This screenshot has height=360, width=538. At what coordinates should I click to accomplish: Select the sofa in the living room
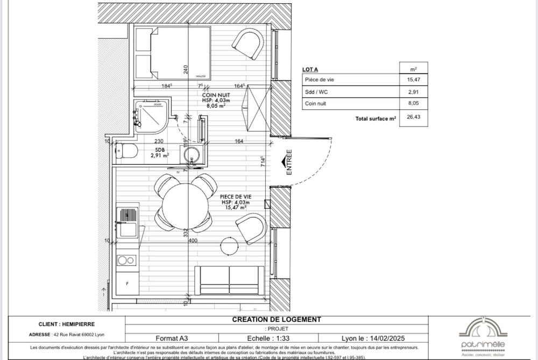pyautogui.click(x=229, y=280)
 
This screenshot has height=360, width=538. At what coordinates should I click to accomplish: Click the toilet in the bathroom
pyautogui.click(x=125, y=151)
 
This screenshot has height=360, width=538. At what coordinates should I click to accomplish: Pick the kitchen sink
pyautogui.click(x=128, y=223)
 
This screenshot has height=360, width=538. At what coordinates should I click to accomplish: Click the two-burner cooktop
pyautogui.click(x=126, y=260)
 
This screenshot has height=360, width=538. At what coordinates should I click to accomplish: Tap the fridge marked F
pyautogui.click(x=127, y=283)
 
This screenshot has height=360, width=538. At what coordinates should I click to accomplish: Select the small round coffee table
pyautogui.click(x=230, y=246)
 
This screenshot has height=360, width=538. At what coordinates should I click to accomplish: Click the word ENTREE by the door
pyautogui.click(x=289, y=162)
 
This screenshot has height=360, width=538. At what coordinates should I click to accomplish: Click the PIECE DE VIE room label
pyautogui.click(x=235, y=197)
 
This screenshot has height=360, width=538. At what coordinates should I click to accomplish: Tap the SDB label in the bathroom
pyautogui.click(x=160, y=150)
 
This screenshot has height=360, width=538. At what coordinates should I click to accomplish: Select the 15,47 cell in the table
pyautogui.click(x=413, y=80)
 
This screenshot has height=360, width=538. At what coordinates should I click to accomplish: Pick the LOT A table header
pyautogui.click(x=310, y=69)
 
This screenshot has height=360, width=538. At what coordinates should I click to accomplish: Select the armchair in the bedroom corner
pyautogui.click(x=248, y=44)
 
